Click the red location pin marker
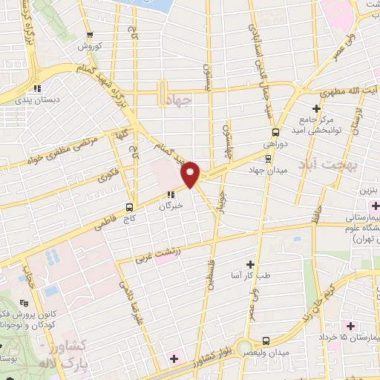click(x=191, y=174)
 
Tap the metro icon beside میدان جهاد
click(x=268, y=157)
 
